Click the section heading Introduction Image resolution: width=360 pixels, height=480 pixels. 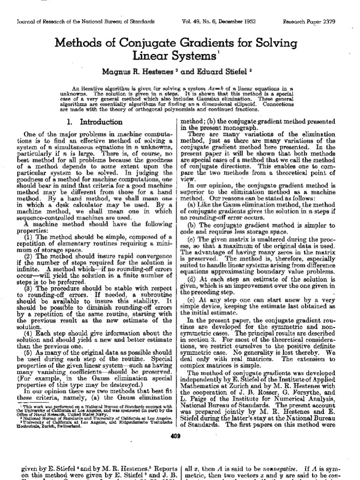pos(97,122)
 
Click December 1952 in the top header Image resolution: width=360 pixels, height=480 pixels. pos(248,22)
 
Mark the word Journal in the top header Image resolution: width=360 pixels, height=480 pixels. pos(27,22)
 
